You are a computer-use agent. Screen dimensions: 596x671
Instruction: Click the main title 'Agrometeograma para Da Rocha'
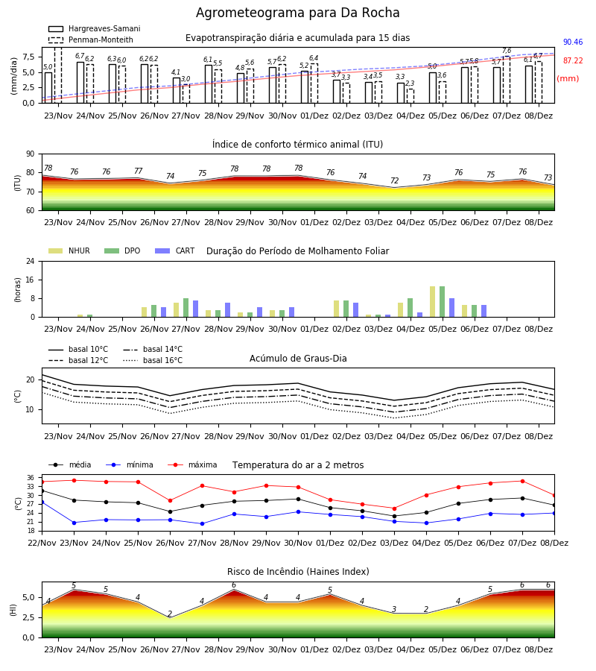(297, 13)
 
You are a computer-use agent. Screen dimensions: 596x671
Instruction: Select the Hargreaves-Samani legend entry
(94, 28)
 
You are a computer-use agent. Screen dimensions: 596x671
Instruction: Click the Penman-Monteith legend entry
(91, 40)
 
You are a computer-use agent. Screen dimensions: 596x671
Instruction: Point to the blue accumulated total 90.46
(573, 42)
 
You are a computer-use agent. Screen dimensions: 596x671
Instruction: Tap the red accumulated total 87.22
(573, 61)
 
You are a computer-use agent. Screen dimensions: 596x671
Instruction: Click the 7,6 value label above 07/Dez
(507, 51)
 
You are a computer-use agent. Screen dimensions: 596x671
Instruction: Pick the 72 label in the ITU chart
(394, 180)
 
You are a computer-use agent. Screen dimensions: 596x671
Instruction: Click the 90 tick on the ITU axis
(31, 154)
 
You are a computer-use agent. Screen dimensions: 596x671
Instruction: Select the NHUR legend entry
(69, 251)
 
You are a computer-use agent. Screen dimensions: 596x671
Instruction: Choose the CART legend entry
(175, 251)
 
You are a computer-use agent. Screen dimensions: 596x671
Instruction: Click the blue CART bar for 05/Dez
(452, 308)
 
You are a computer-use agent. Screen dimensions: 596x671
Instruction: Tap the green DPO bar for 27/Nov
(186, 308)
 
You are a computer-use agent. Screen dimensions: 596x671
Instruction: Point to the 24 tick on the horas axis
(31, 262)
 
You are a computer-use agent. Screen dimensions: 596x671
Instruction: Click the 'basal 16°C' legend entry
(153, 360)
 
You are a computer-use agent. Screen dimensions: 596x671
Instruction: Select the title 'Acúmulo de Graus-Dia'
(298, 359)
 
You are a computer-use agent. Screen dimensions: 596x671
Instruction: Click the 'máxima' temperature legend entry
(193, 464)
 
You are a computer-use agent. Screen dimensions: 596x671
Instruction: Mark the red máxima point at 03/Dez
(394, 508)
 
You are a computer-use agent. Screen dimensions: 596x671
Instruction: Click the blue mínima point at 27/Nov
(202, 524)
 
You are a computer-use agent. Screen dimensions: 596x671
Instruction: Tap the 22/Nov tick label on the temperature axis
(42, 543)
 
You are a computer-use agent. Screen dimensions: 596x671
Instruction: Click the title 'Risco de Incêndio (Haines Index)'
(298, 572)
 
